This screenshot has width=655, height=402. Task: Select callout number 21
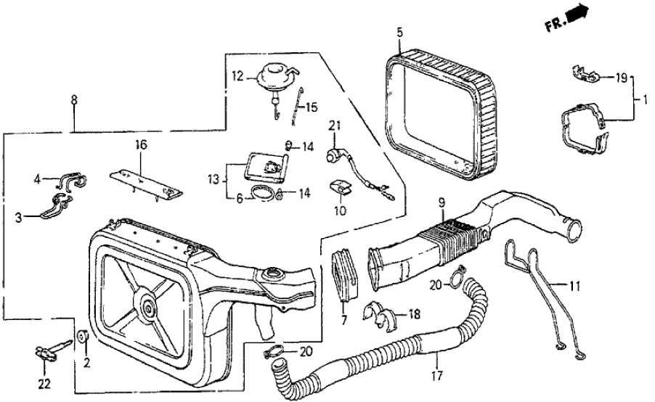click(334, 126)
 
